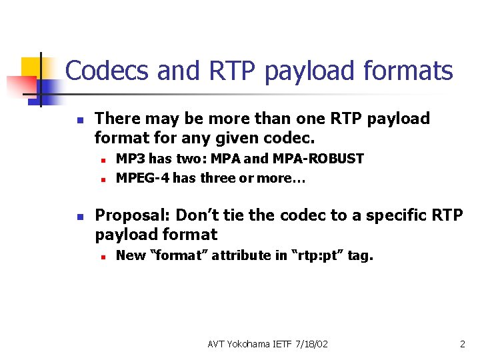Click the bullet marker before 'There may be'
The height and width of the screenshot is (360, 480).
78,120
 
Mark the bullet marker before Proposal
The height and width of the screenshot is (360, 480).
78,217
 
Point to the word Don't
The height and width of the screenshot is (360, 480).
199,215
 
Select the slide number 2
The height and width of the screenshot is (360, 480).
462,344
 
